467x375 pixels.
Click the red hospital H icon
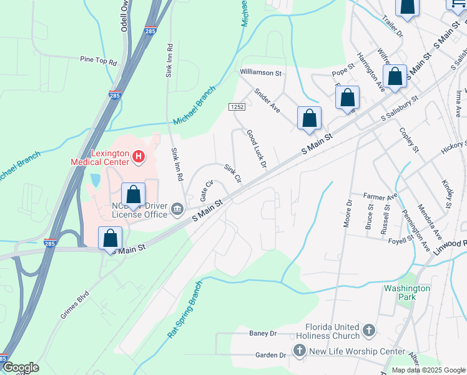[x=139, y=156]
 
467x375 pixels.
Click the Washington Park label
[x=407, y=292]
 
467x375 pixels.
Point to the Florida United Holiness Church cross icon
[x=369, y=329]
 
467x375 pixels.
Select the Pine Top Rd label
[x=99, y=61]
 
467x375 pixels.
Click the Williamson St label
[x=262, y=73]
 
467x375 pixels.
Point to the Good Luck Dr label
[x=256, y=149]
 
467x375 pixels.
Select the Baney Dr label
[x=262, y=334]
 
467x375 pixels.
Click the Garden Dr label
[x=270, y=355]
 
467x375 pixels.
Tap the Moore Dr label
[x=348, y=213]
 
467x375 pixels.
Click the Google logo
[x=20, y=367]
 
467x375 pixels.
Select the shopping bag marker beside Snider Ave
[x=309, y=119]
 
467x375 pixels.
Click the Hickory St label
[x=453, y=146]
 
